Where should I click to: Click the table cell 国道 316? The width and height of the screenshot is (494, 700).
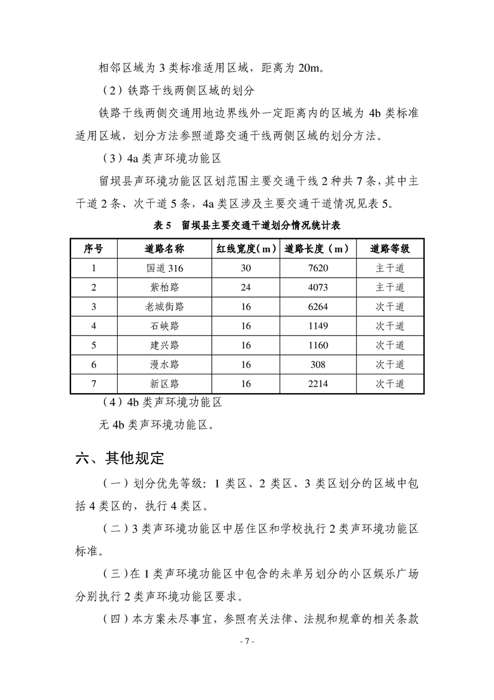click(164, 268)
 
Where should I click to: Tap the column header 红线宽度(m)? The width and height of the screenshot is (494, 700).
click(246, 248)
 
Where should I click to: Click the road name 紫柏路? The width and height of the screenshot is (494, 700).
click(164, 288)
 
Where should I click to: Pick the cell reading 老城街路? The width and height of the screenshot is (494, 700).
click(164, 307)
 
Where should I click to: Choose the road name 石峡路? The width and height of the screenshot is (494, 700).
click(164, 326)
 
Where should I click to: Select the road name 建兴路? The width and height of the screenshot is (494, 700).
click(164, 346)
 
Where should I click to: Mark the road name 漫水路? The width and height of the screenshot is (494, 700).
click(164, 365)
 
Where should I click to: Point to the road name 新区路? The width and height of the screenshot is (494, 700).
click(164, 384)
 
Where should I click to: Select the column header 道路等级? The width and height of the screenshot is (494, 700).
click(390, 248)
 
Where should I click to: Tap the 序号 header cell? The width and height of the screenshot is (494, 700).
click(93, 248)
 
